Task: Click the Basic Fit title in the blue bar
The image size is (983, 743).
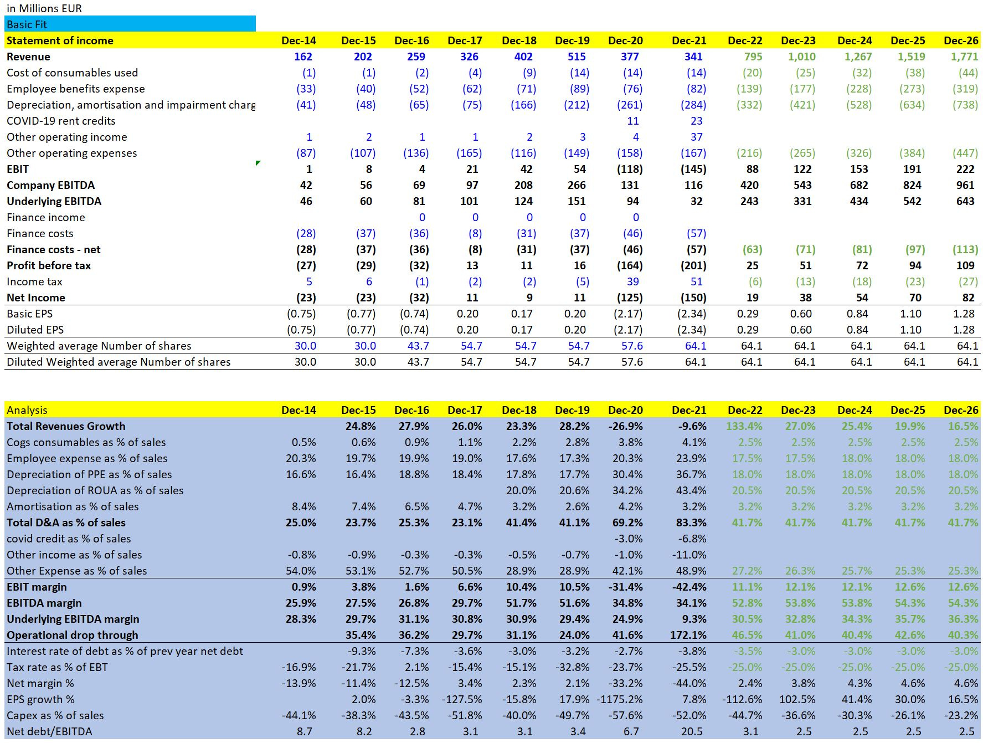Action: pyautogui.click(x=27, y=24)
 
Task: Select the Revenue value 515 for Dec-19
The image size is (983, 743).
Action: pyautogui.click(x=577, y=57)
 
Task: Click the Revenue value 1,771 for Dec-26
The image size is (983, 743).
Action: pyautogui.click(x=965, y=57)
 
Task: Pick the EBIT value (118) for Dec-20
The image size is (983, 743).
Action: pyautogui.click(x=630, y=169)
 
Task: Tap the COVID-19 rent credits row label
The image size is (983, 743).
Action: pyautogui.click(x=61, y=121)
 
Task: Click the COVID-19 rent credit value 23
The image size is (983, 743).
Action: pyautogui.click(x=696, y=121)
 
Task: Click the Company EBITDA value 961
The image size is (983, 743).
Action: pyautogui.click(x=965, y=185)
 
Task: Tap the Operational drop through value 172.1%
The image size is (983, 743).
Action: pyautogui.click(x=688, y=635)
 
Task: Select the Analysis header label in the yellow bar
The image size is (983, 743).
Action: pyautogui.click(x=27, y=410)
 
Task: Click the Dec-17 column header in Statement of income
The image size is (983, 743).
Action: pyautogui.click(x=465, y=40)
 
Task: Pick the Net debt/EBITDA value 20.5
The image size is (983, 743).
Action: pyautogui.click(x=692, y=731)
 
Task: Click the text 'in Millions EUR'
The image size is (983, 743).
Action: pyautogui.click(x=44, y=8)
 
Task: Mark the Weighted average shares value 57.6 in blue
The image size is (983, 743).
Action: pyautogui.click(x=632, y=346)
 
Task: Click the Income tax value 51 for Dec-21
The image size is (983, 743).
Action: pyautogui.click(x=696, y=281)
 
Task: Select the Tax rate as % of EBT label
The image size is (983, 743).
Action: pyautogui.click(x=57, y=667)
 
